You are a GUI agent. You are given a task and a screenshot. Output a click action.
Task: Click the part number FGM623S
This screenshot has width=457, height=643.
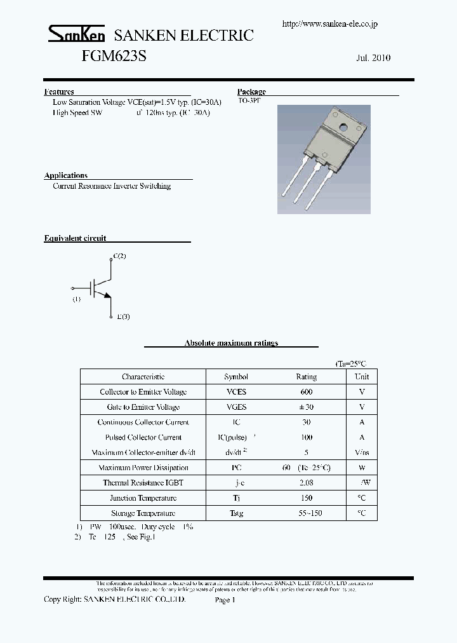(x=114, y=56)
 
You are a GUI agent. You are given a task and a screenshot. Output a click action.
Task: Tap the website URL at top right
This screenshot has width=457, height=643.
(x=329, y=24)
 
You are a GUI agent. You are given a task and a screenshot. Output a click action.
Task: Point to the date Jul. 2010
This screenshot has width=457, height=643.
(x=373, y=58)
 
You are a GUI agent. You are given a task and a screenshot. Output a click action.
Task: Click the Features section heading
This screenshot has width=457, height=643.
(x=59, y=91)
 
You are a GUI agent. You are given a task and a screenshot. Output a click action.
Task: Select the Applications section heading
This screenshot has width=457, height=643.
(x=66, y=175)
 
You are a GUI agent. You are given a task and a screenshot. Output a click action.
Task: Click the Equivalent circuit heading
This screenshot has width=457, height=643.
(x=75, y=238)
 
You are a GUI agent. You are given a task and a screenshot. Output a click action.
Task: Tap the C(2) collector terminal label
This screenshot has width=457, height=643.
(x=119, y=256)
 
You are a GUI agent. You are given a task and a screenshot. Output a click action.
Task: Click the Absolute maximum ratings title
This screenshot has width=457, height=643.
(x=231, y=343)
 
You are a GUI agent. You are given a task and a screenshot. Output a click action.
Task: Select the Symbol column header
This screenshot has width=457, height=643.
(x=236, y=377)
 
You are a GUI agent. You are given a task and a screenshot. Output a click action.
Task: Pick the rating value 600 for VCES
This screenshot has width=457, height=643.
(x=306, y=392)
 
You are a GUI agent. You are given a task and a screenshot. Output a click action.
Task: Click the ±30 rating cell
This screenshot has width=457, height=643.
(x=306, y=407)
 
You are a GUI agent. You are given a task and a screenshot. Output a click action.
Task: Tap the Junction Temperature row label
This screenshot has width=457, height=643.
(x=143, y=498)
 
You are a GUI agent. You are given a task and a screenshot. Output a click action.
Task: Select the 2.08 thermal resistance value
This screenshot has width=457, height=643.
(x=306, y=483)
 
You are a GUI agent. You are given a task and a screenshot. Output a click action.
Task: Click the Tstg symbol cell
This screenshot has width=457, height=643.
(x=236, y=513)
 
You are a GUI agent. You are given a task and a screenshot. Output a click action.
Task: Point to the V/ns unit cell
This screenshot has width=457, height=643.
(x=361, y=452)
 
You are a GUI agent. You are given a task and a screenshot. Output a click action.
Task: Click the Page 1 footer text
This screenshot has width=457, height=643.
(x=225, y=600)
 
